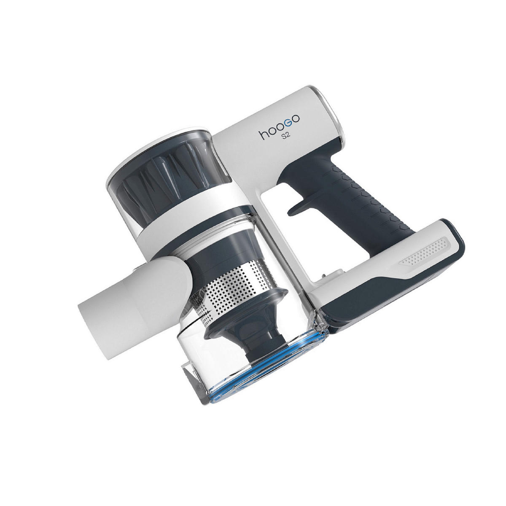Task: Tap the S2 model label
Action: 286,138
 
